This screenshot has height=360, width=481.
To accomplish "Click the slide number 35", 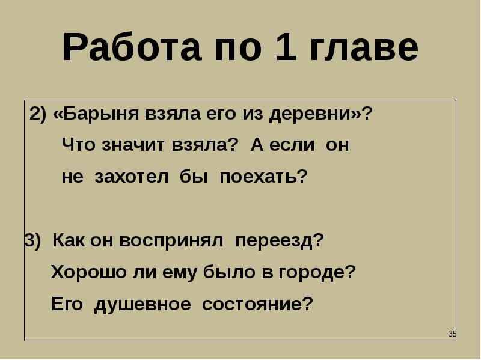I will pyautogui.click(x=453, y=334).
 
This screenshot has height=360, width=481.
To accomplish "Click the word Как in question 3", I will pyautogui.click(x=69, y=240).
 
